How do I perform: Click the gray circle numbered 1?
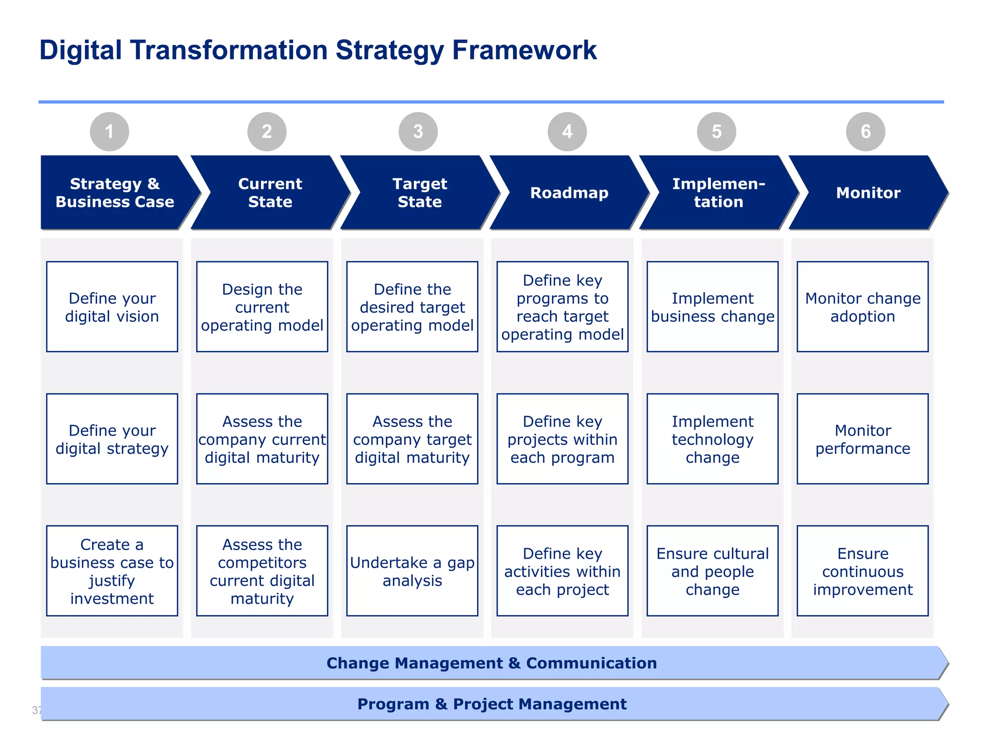tap(109, 131)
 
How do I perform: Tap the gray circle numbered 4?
tap(567, 131)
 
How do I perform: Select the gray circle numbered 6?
tap(866, 131)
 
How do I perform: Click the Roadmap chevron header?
tap(569, 193)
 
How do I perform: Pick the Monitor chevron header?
tap(868, 193)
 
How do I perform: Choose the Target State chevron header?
tap(420, 193)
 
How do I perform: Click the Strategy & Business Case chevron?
tap(115, 193)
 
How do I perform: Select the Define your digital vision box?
tap(112, 307)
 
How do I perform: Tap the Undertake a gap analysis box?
tap(412, 571)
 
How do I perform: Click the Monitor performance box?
tap(863, 439)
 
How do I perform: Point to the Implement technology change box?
tap(712, 439)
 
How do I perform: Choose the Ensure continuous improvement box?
tap(863, 571)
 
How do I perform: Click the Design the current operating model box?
tap(262, 307)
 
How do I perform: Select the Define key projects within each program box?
tap(562, 439)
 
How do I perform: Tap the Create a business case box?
tap(112, 571)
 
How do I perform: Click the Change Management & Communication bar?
tap(491, 663)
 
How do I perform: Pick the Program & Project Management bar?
tap(491, 704)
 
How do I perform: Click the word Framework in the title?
tap(524, 50)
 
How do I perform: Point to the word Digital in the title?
tap(80, 50)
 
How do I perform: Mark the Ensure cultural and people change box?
tap(712, 571)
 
